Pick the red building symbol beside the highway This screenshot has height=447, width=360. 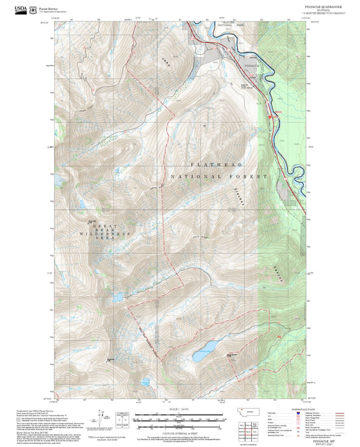pos(270,117)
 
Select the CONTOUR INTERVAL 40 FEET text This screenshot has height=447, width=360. pos(178,433)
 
